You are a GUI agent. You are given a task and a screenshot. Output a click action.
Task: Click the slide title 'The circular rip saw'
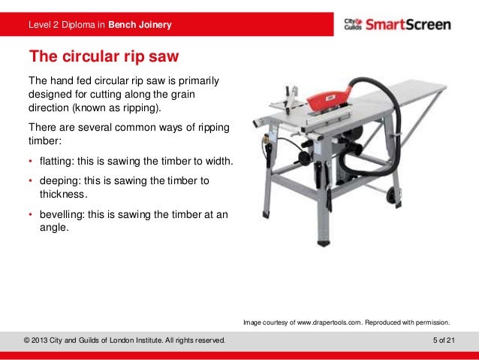pos(103,56)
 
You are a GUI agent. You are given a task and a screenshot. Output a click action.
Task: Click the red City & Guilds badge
pos(353,24)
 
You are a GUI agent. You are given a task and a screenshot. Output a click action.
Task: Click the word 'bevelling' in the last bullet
pos(59,213)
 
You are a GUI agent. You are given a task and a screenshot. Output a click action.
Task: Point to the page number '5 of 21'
pos(444,341)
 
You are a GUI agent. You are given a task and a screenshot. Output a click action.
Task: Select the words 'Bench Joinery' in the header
pos(140,26)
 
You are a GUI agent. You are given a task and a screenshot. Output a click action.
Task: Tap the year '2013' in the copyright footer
pos(45,341)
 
